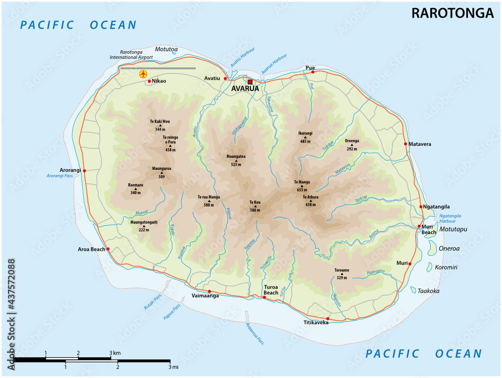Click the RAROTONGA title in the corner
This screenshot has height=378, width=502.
[x=452, y=14]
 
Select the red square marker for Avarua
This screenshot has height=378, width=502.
[x=250, y=82]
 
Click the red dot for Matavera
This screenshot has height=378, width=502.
[x=406, y=144]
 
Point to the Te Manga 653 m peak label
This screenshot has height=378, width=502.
[x=302, y=185]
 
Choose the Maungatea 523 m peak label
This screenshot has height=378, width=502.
[x=236, y=160]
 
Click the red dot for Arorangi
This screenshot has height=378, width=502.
[x=84, y=171]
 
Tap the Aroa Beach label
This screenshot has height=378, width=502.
[x=91, y=249]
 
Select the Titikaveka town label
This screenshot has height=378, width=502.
[x=316, y=322]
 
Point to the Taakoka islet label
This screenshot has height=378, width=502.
[x=429, y=291]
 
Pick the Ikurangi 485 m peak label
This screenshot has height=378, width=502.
[x=305, y=137]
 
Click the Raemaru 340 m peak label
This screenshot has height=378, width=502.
[x=136, y=188]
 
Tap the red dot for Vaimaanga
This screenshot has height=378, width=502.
[x=209, y=292]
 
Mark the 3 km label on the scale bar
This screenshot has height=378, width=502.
[x=115, y=353]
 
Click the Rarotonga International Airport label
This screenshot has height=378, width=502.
[x=139, y=54]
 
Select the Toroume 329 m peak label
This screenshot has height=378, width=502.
[x=342, y=273]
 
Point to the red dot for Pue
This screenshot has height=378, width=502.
[x=312, y=72]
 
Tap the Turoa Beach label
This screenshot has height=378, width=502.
[x=271, y=290]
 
